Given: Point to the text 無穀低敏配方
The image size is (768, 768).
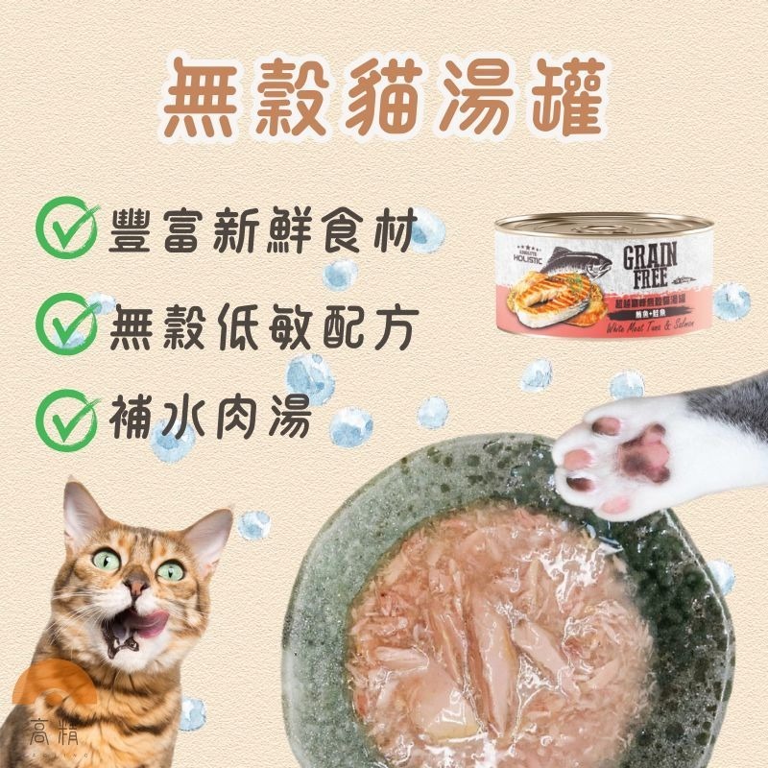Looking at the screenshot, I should point(262,329).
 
